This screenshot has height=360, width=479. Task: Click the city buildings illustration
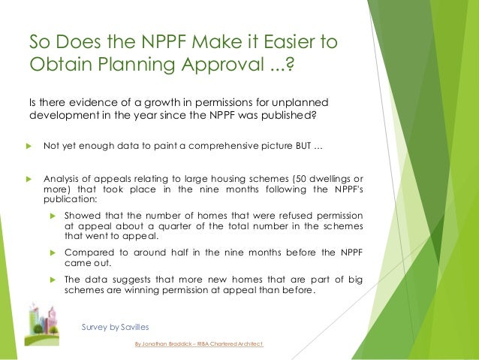(x=43, y=323)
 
